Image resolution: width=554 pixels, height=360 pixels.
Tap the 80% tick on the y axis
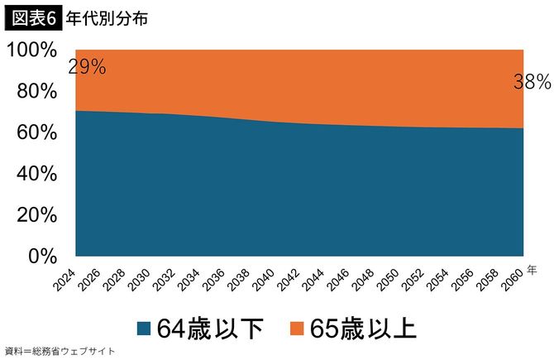(x=36, y=91)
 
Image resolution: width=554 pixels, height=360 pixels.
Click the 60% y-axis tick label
(x=36, y=132)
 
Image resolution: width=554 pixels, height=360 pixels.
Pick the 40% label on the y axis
(x=36, y=174)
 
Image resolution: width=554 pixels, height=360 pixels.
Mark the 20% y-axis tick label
(x=36, y=215)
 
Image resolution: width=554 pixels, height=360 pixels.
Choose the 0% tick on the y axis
(x=42, y=257)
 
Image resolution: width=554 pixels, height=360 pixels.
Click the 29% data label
(x=87, y=68)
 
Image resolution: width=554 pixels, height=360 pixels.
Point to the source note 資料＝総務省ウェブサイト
(x=60, y=351)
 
